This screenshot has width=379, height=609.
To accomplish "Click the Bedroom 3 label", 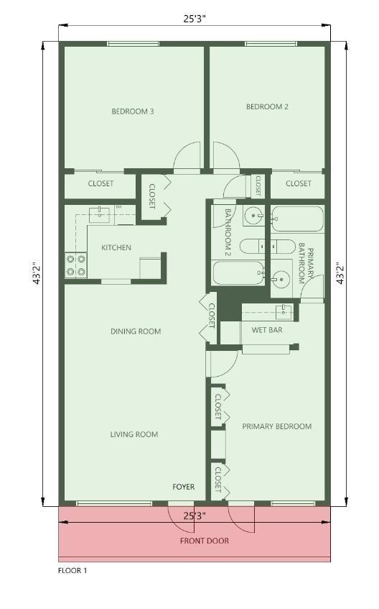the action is pyautogui.click(x=133, y=111).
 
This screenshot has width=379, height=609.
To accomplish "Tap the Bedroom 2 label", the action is pyautogui.click(x=267, y=106).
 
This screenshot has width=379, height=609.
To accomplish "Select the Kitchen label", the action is pyautogui.click(x=116, y=247).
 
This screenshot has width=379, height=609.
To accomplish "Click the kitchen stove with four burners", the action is pyautogui.click(x=75, y=265).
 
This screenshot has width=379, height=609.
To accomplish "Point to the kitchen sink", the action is pyautogui.click(x=99, y=215).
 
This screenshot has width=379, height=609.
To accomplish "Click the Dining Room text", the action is pyautogui.click(x=136, y=331).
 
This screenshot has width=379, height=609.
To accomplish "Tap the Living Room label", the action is pyautogui.click(x=134, y=434).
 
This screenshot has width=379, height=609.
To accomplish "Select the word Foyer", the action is pyautogui.click(x=184, y=487).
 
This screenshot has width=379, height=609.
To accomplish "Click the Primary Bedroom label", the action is pyautogui.click(x=277, y=426).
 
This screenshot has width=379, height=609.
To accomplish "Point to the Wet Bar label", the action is pyautogui.click(x=267, y=330).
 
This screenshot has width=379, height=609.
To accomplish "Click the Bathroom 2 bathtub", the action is pyautogui.click(x=238, y=273).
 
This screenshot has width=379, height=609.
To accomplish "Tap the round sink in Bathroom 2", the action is pyautogui.click(x=255, y=215).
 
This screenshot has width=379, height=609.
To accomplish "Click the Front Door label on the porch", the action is pyautogui.click(x=205, y=541).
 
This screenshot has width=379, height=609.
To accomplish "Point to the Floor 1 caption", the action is pyautogui.click(x=72, y=571).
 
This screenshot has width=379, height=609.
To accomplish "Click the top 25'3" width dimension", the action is pyautogui.click(x=195, y=19).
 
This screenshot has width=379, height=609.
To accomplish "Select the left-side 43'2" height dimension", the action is pyautogui.click(x=37, y=274).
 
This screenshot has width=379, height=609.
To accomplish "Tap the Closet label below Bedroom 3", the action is pyautogui.click(x=101, y=183).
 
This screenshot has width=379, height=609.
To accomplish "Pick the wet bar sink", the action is pyautogui.click(x=284, y=311).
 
